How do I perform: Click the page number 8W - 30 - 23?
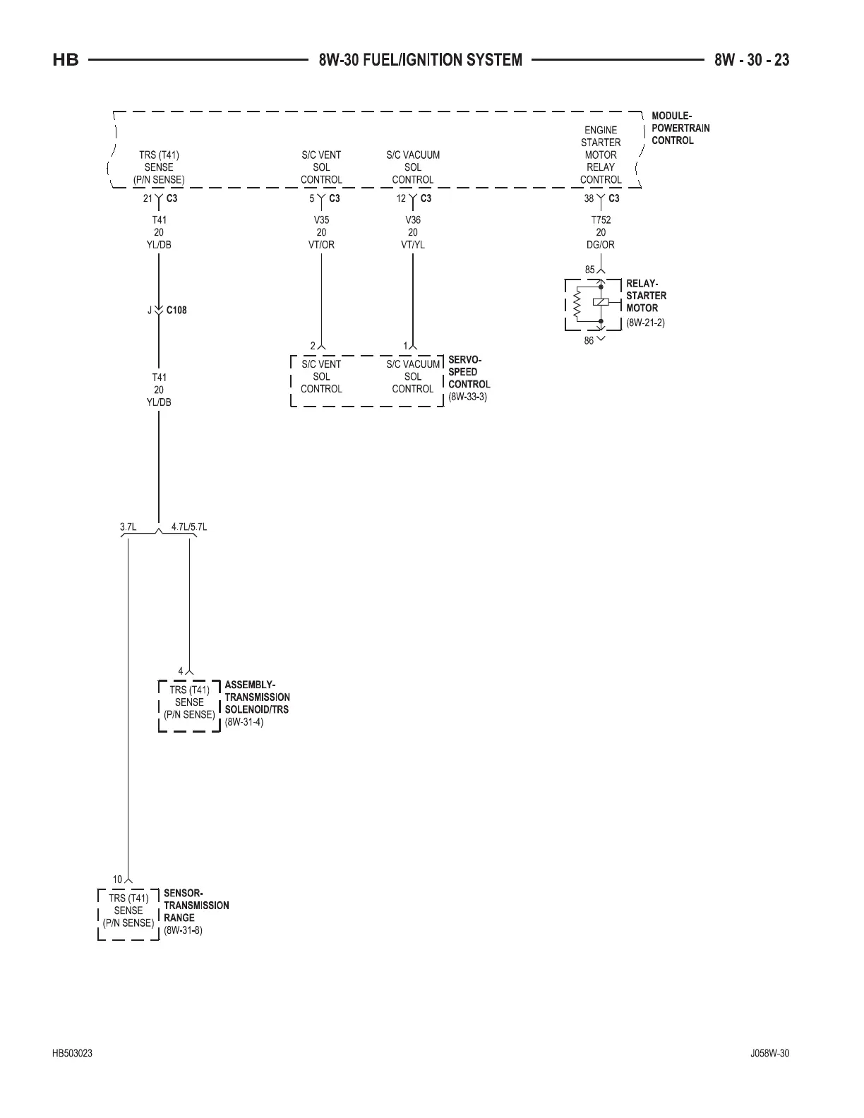[751, 60]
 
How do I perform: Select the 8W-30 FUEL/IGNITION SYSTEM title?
[420, 60]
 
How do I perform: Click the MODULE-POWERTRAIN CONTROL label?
[680, 128]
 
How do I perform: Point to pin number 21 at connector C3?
[148, 199]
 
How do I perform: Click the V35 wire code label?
[321, 220]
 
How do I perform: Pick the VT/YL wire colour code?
[413, 245]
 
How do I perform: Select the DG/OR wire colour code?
[601, 245]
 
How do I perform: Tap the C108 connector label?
[176, 310]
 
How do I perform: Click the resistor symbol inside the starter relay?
[577, 304]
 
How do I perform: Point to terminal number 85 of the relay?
[589, 270]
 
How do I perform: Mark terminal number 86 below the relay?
[589, 342]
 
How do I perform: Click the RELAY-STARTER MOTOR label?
[645, 296]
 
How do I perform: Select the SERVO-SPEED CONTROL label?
[469, 372]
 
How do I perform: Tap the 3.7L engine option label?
[128, 527]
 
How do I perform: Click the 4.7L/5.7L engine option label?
[189, 527]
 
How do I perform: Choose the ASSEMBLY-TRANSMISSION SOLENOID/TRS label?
[257, 697]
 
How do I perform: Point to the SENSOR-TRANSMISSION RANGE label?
[196, 905]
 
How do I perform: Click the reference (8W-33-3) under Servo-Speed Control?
[467, 397]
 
